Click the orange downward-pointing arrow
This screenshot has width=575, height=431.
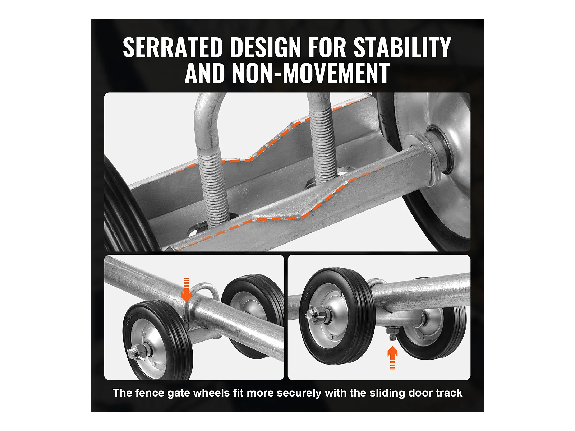(186, 290)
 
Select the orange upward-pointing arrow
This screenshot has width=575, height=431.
(392, 358)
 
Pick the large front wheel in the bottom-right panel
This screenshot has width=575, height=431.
(337, 316)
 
